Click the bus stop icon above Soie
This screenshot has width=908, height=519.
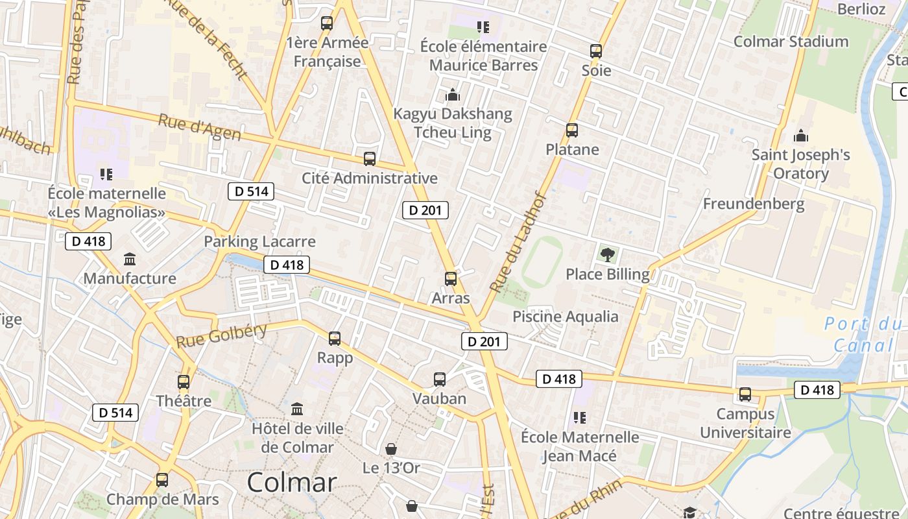click(595, 51)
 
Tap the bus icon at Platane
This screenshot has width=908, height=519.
click(571, 130)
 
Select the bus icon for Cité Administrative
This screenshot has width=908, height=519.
click(369, 158)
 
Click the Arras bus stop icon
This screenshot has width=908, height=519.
click(450, 279)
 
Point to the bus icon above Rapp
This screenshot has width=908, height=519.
click(335, 338)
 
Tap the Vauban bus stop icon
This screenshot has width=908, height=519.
click(440, 380)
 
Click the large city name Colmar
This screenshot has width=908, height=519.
click(292, 482)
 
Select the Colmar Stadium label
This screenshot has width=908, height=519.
click(791, 42)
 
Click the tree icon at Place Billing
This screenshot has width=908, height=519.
click(608, 254)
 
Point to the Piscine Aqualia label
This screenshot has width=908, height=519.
click(566, 317)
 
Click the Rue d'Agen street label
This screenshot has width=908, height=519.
click(200, 127)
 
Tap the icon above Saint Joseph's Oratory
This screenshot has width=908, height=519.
click(801, 136)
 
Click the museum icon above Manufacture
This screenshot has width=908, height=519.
click(130, 259)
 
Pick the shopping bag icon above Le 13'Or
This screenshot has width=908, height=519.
click(391, 448)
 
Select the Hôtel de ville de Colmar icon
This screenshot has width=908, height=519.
click(297, 409)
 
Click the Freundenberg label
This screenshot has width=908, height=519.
click(754, 204)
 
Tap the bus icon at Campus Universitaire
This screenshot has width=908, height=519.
click(745, 394)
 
